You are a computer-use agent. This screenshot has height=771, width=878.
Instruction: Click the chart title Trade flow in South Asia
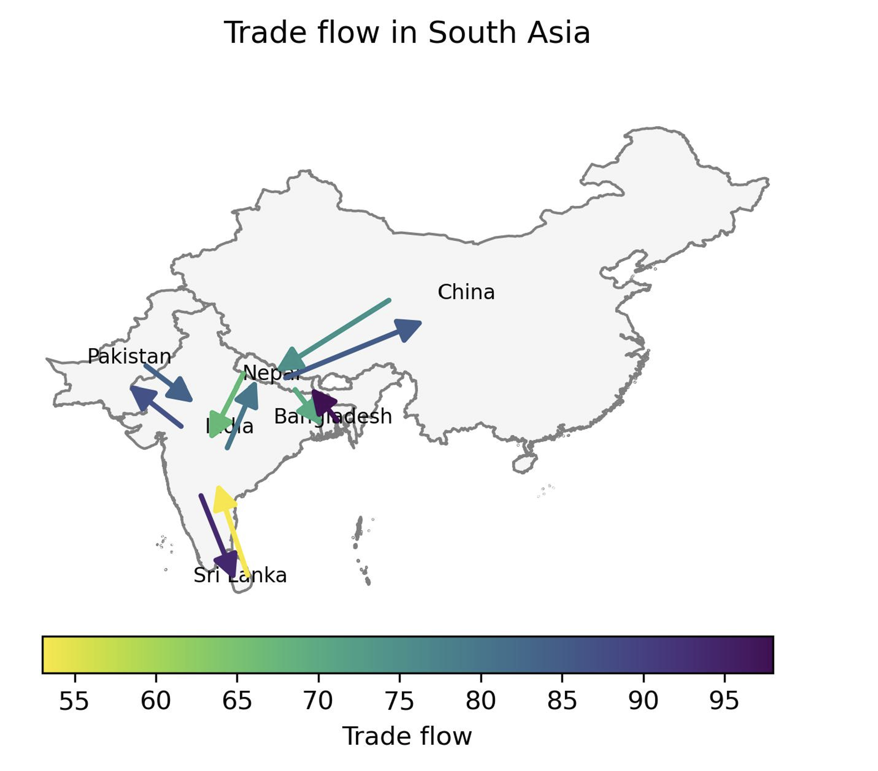coord(407,33)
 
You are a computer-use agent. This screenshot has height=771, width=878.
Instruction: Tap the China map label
coord(466,292)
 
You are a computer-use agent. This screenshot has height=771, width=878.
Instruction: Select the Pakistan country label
coord(129,356)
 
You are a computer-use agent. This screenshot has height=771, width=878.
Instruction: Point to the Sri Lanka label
coord(240,575)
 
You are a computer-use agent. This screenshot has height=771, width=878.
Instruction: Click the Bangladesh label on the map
coord(333,416)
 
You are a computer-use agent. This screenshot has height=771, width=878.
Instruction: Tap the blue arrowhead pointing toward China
coord(408,328)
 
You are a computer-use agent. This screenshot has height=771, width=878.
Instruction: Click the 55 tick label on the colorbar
coord(74,701)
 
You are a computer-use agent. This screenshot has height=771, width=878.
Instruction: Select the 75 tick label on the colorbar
coord(399,701)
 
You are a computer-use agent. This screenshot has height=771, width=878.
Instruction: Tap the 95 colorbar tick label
coord(724,701)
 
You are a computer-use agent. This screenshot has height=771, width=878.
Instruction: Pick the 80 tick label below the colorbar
coord(481,701)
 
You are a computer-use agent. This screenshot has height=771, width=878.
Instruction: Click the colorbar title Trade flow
coord(407,736)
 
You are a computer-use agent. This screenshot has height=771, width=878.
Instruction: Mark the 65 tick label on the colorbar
coord(237,701)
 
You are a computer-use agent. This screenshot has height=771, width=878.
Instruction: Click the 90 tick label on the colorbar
coord(643,701)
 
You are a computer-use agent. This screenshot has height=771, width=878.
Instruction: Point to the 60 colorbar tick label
coord(156,701)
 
